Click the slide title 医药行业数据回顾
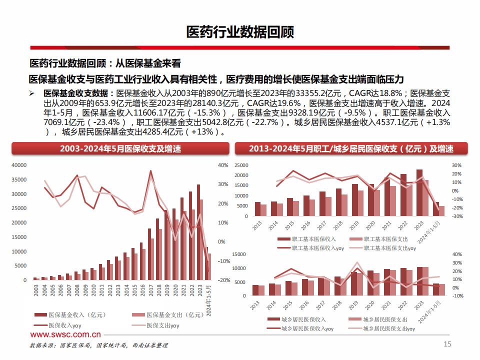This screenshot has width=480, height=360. (x=240, y=32)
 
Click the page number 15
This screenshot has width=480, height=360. (x=447, y=343)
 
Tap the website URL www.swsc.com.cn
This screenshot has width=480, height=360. (x=65, y=335)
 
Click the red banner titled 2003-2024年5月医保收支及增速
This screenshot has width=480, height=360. (x=120, y=148)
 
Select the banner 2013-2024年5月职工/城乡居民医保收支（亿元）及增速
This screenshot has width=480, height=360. (x=351, y=148)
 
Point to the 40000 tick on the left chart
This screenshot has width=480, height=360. (x=18, y=165)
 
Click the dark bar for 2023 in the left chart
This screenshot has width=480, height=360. (x=198, y=232)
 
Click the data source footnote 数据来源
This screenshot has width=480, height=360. (x=98, y=345)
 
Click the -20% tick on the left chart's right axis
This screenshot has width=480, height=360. (x=223, y=280)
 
